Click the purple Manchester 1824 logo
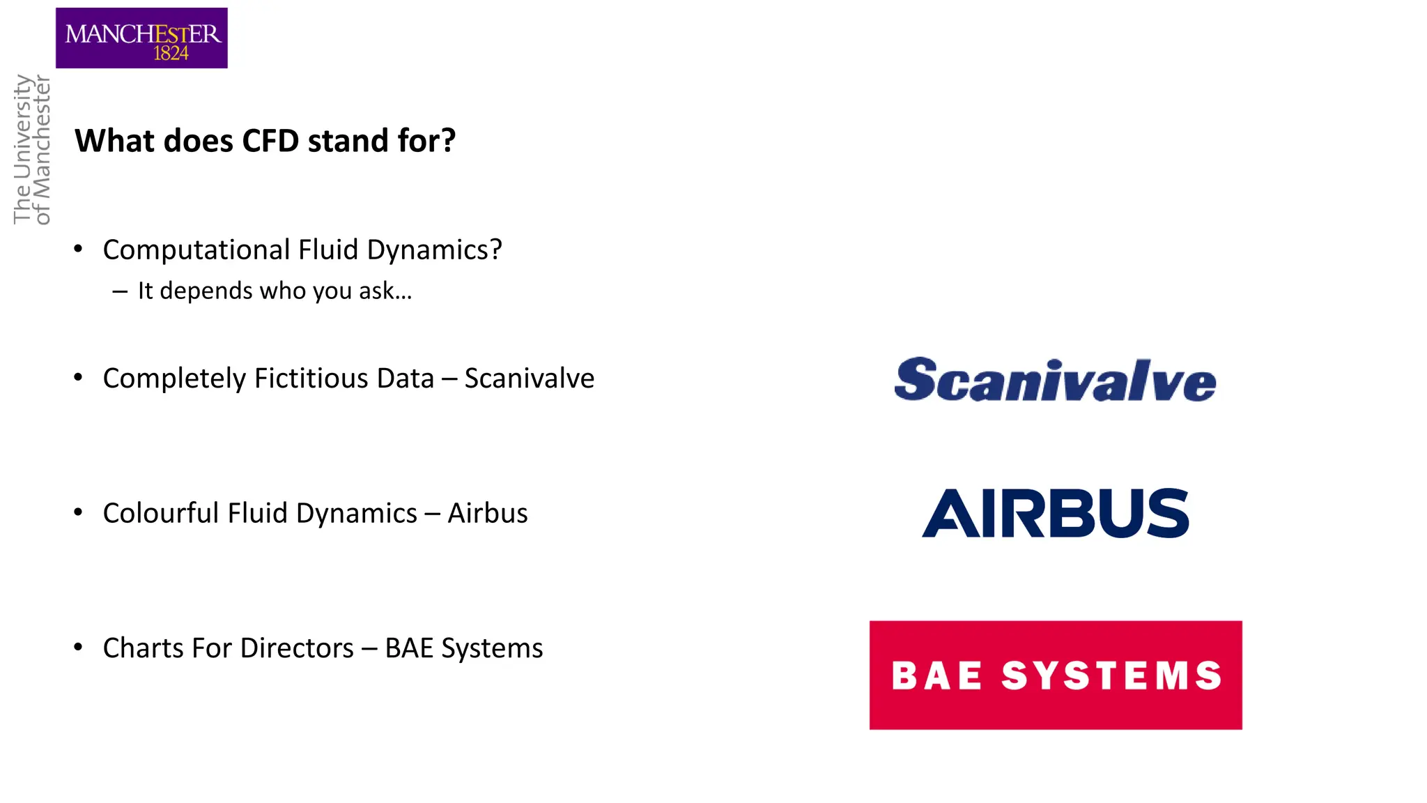coord(141,38)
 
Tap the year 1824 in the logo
coord(171,54)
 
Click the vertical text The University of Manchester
coord(32,149)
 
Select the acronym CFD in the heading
coord(270,141)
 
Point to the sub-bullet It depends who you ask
coord(275,291)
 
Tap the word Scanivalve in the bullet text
coord(529,378)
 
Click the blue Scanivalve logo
coord(1055,380)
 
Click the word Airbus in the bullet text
coord(488,513)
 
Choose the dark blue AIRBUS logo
coord(1055,513)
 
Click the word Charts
coord(144,648)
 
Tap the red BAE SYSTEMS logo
coord(1055,675)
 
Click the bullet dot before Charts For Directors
coord(78,648)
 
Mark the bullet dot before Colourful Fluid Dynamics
coord(78,513)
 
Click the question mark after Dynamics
coord(495,250)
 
